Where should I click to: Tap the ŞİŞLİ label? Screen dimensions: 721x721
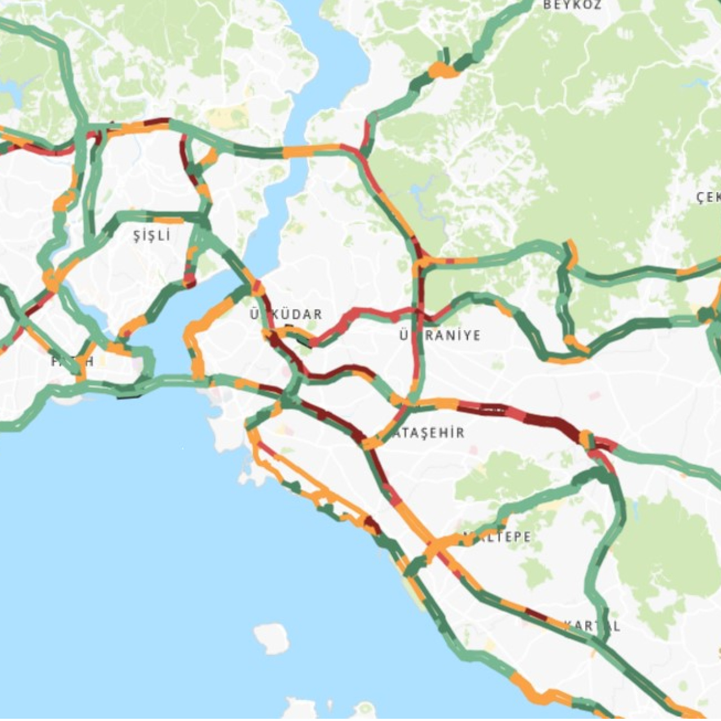click(x=152, y=235)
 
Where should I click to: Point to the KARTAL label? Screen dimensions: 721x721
click(x=593, y=626)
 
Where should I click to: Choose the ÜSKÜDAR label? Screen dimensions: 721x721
click(x=287, y=314)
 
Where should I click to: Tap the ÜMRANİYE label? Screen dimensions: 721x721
click(x=440, y=336)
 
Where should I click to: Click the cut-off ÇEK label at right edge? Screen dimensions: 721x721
click(x=709, y=197)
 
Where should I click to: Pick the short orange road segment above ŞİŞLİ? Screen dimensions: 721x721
click(x=169, y=220)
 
